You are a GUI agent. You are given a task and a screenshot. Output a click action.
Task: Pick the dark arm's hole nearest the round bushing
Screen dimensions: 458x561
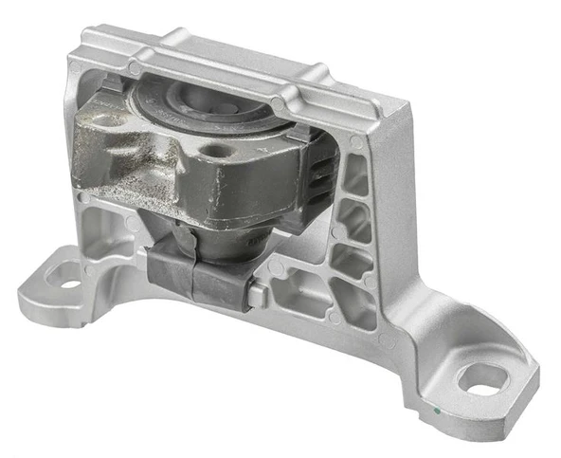pos(206,153)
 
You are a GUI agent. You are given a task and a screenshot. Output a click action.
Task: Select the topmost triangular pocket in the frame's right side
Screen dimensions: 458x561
pos(356,175)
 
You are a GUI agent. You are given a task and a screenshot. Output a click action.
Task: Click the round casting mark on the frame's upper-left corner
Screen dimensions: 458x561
pos(135,69)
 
